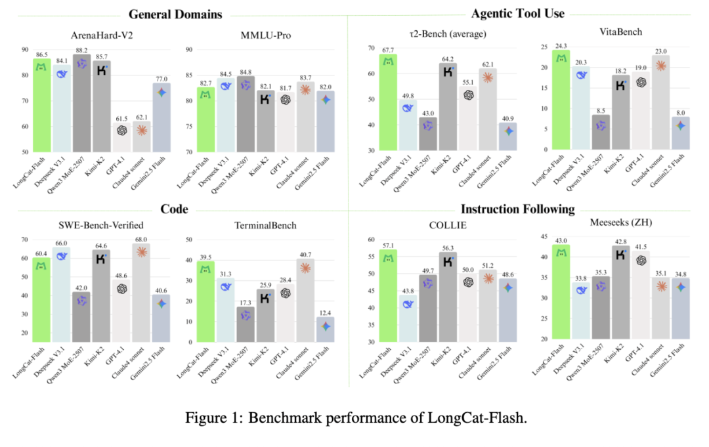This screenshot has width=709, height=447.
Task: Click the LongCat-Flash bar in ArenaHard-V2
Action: pyautogui.click(x=42, y=105)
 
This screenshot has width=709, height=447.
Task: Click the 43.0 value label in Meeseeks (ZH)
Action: pyautogui.click(x=561, y=241)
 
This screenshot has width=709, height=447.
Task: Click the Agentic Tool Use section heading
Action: pyautogui.click(x=518, y=14)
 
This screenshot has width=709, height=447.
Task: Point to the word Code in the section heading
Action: pyautogui.click(x=175, y=209)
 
